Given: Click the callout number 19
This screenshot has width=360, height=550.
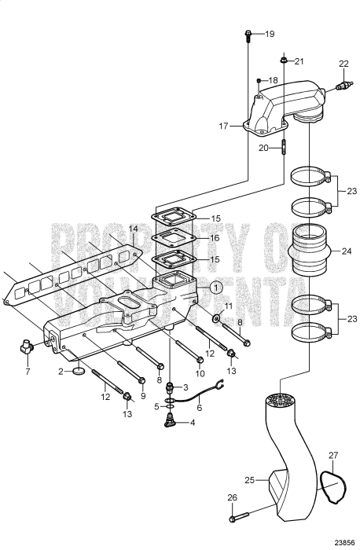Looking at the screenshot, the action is (270, 34).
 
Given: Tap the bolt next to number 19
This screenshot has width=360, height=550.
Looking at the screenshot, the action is (248, 36).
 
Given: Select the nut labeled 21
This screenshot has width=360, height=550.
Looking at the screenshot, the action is (284, 60).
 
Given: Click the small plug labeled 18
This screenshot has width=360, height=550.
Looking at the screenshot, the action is (259, 81).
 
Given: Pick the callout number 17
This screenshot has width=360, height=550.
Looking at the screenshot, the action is (223, 126).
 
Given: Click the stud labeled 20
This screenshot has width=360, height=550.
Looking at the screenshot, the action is (284, 147).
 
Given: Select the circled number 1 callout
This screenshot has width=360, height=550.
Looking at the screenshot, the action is (216, 288).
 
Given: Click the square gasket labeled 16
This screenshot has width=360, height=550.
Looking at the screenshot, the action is (174, 238).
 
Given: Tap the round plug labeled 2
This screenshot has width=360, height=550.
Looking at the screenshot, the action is (79, 371).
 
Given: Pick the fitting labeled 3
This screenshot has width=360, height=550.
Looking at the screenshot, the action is (170, 388).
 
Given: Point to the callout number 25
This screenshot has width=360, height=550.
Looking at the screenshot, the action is (249, 479).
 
